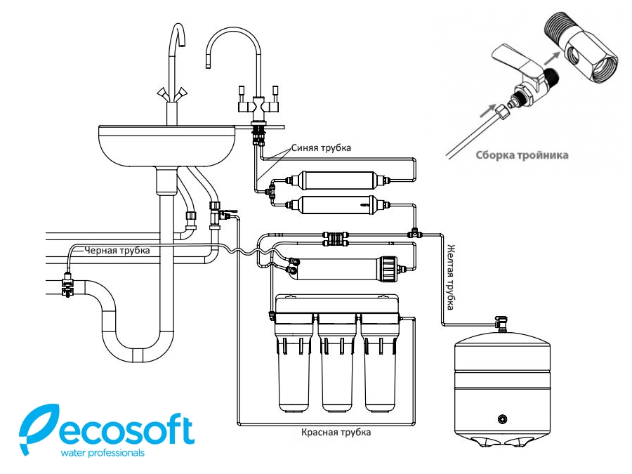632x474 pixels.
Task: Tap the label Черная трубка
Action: click(x=116, y=249)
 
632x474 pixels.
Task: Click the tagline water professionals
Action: click(x=104, y=453)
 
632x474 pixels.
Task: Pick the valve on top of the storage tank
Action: click(x=501, y=322)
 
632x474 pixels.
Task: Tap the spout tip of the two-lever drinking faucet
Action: click(x=208, y=62)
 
